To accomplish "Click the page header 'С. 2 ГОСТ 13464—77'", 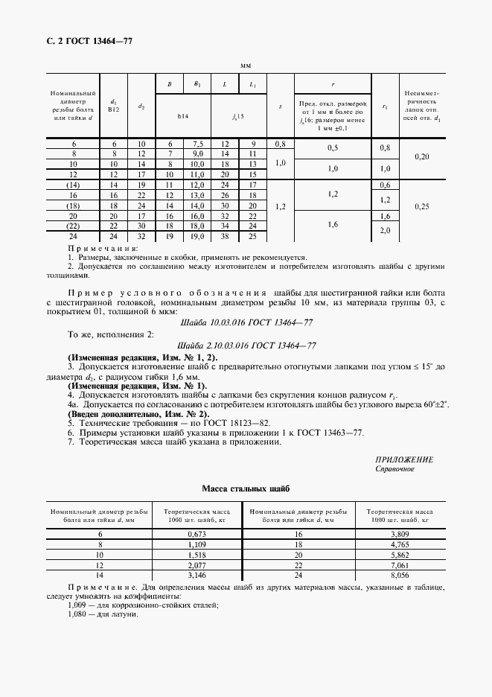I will tap(83, 40).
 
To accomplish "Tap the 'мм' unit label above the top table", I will tap(246, 66).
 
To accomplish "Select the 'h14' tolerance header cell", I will tap(183, 116).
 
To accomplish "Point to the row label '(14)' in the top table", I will tap(73, 184).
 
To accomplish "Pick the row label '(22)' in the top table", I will tap(73, 226).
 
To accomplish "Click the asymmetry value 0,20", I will tap(422, 157).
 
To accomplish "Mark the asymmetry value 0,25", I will tap(422, 205).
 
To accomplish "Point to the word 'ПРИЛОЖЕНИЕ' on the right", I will tap(405, 460).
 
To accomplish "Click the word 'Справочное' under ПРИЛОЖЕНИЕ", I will tap(395, 470).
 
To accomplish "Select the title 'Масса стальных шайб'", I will tap(246, 488).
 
